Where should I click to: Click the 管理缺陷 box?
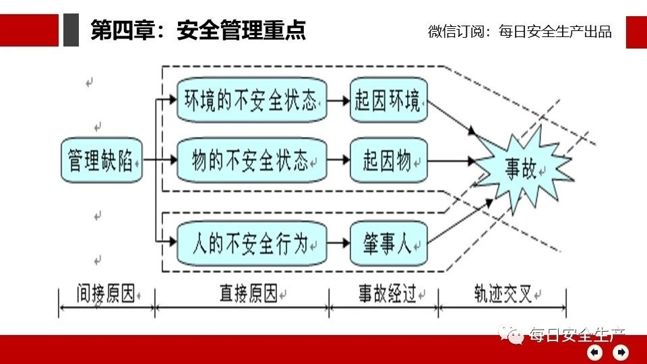(102, 161)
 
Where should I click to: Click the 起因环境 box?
(389, 101)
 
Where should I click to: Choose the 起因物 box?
(389, 161)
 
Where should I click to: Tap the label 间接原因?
(106, 294)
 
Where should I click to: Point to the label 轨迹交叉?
(502, 294)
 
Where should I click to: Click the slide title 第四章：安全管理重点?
(198, 30)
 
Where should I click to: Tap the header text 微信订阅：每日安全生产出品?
(520, 31)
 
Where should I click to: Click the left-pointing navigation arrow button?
(595, 352)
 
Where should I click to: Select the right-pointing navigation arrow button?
(621, 352)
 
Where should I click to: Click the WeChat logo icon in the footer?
(512, 334)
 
